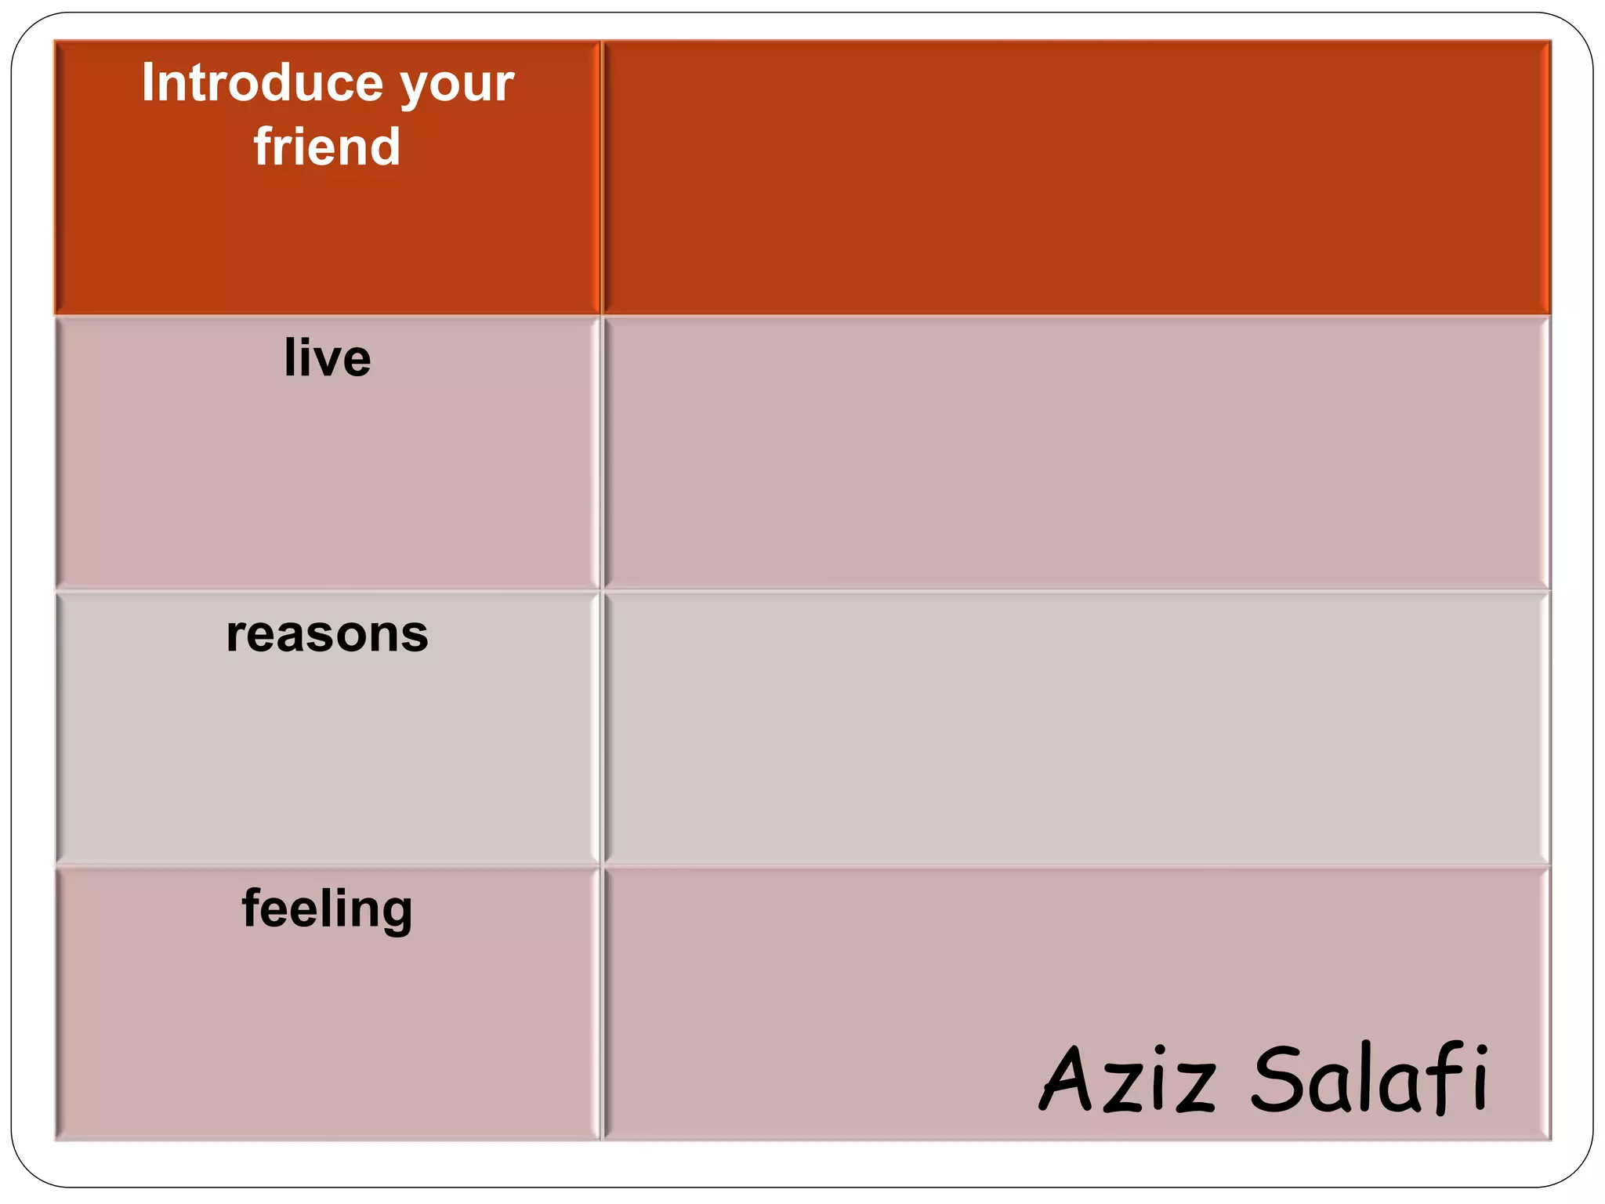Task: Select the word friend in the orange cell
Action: point(327,147)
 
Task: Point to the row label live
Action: point(328,358)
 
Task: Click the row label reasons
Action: point(328,634)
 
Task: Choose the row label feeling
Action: point(328,909)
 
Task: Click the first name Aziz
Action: point(1128,1079)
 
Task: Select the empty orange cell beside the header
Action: point(1076,178)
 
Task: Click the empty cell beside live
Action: point(1076,452)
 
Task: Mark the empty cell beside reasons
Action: point(1076,728)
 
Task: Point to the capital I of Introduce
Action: point(147,83)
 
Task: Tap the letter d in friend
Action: point(383,147)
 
